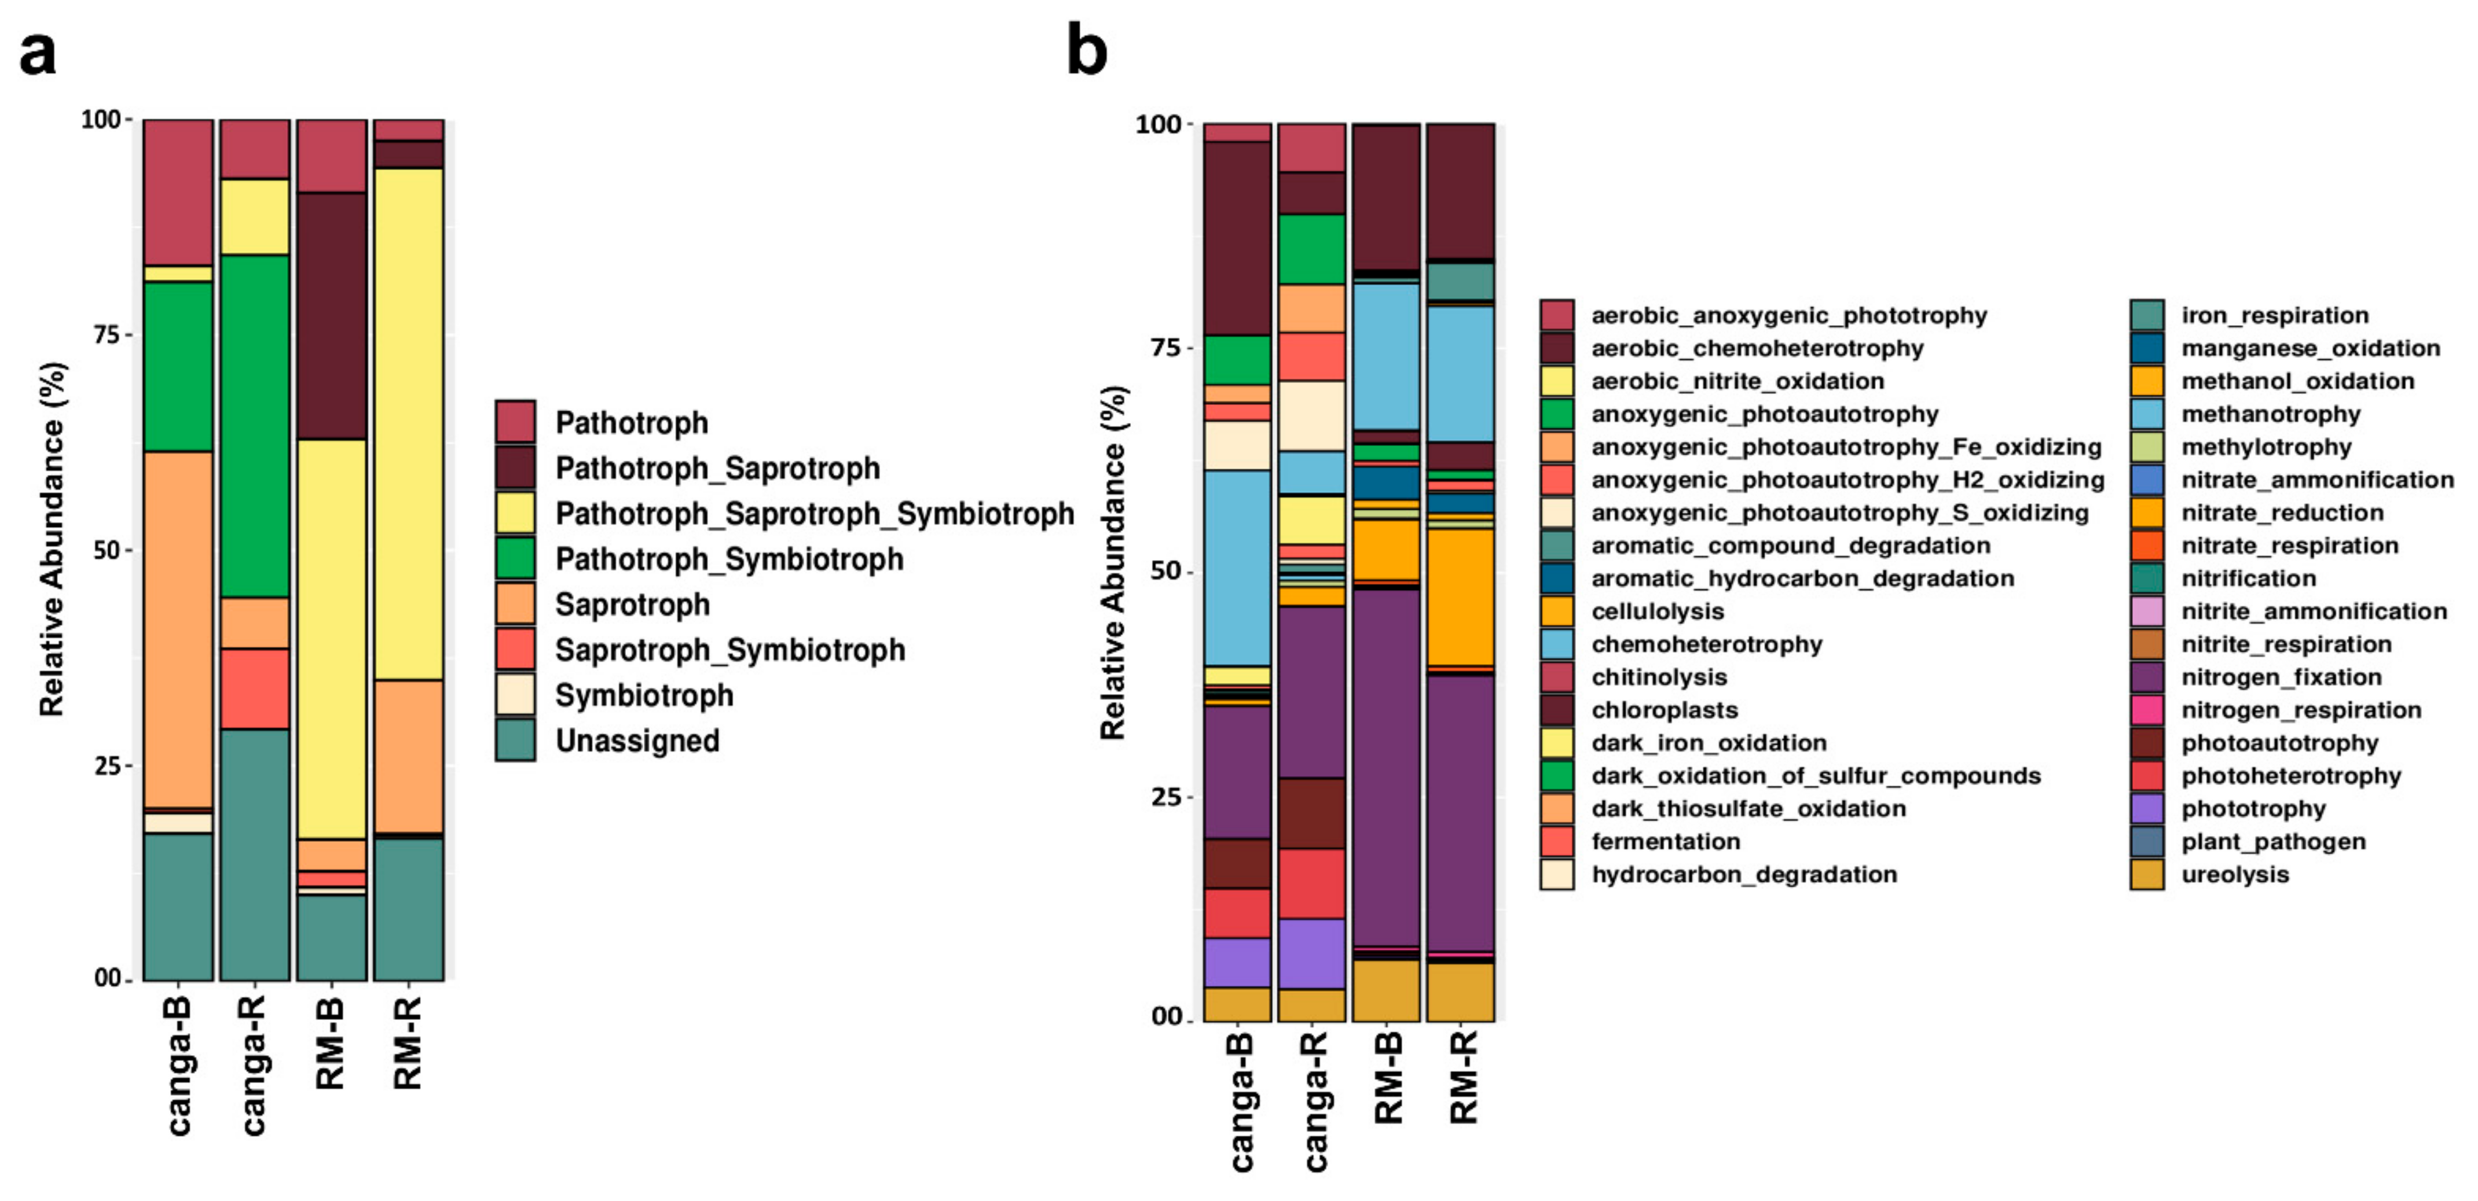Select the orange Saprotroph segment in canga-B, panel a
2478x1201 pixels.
coord(178,630)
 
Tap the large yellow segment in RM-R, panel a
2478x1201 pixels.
coord(409,423)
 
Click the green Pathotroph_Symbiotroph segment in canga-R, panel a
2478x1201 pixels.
coord(255,425)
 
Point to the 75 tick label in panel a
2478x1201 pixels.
coord(107,334)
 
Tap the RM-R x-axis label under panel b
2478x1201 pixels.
coord(1462,1077)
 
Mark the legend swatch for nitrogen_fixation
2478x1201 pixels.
coord(2147,677)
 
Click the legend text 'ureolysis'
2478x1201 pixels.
coord(2235,874)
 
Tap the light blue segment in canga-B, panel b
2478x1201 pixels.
coord(1238,568)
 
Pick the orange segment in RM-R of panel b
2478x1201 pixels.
coord(1460,596)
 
